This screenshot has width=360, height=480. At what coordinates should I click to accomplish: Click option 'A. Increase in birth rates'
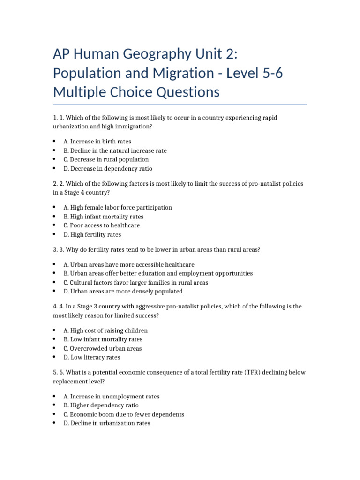(x=97, y=142)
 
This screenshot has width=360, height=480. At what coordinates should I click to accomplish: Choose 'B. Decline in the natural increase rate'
(x=115, y=150)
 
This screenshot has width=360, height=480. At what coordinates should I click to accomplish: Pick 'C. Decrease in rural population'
(x=106, y=159)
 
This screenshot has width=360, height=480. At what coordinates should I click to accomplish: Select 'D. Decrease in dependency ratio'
(x=108, y=169)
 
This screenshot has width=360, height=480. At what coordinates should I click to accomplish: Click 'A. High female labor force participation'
(x=118, y=207)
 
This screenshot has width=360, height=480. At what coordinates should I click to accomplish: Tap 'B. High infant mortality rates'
(x=104, y=217)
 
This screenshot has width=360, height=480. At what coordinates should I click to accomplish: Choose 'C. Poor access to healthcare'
(x=101, y=225)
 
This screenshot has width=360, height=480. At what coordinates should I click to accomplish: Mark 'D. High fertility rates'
(x=92, y=234)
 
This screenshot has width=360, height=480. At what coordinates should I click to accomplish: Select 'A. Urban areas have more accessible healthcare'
(x=129, y=264)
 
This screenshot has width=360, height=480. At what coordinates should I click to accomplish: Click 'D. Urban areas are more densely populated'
(x=123, y=292)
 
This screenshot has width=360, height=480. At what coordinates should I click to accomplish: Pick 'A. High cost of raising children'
(x=105, y=330)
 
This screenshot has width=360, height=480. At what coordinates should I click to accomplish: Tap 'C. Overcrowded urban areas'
(x=103, y=348)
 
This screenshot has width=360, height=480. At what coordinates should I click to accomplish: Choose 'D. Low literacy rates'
(x=92, y=357)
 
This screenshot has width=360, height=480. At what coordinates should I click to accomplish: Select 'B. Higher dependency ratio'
(x=101, y=405)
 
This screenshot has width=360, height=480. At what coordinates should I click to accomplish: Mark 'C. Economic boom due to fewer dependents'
(x=124, y=414)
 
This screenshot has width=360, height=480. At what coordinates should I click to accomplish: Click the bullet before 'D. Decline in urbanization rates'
(x=55, y=423)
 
